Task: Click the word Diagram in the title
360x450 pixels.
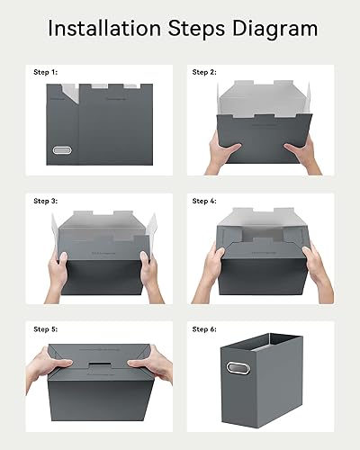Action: (273, 29)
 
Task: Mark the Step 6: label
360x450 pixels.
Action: (205, 329)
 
